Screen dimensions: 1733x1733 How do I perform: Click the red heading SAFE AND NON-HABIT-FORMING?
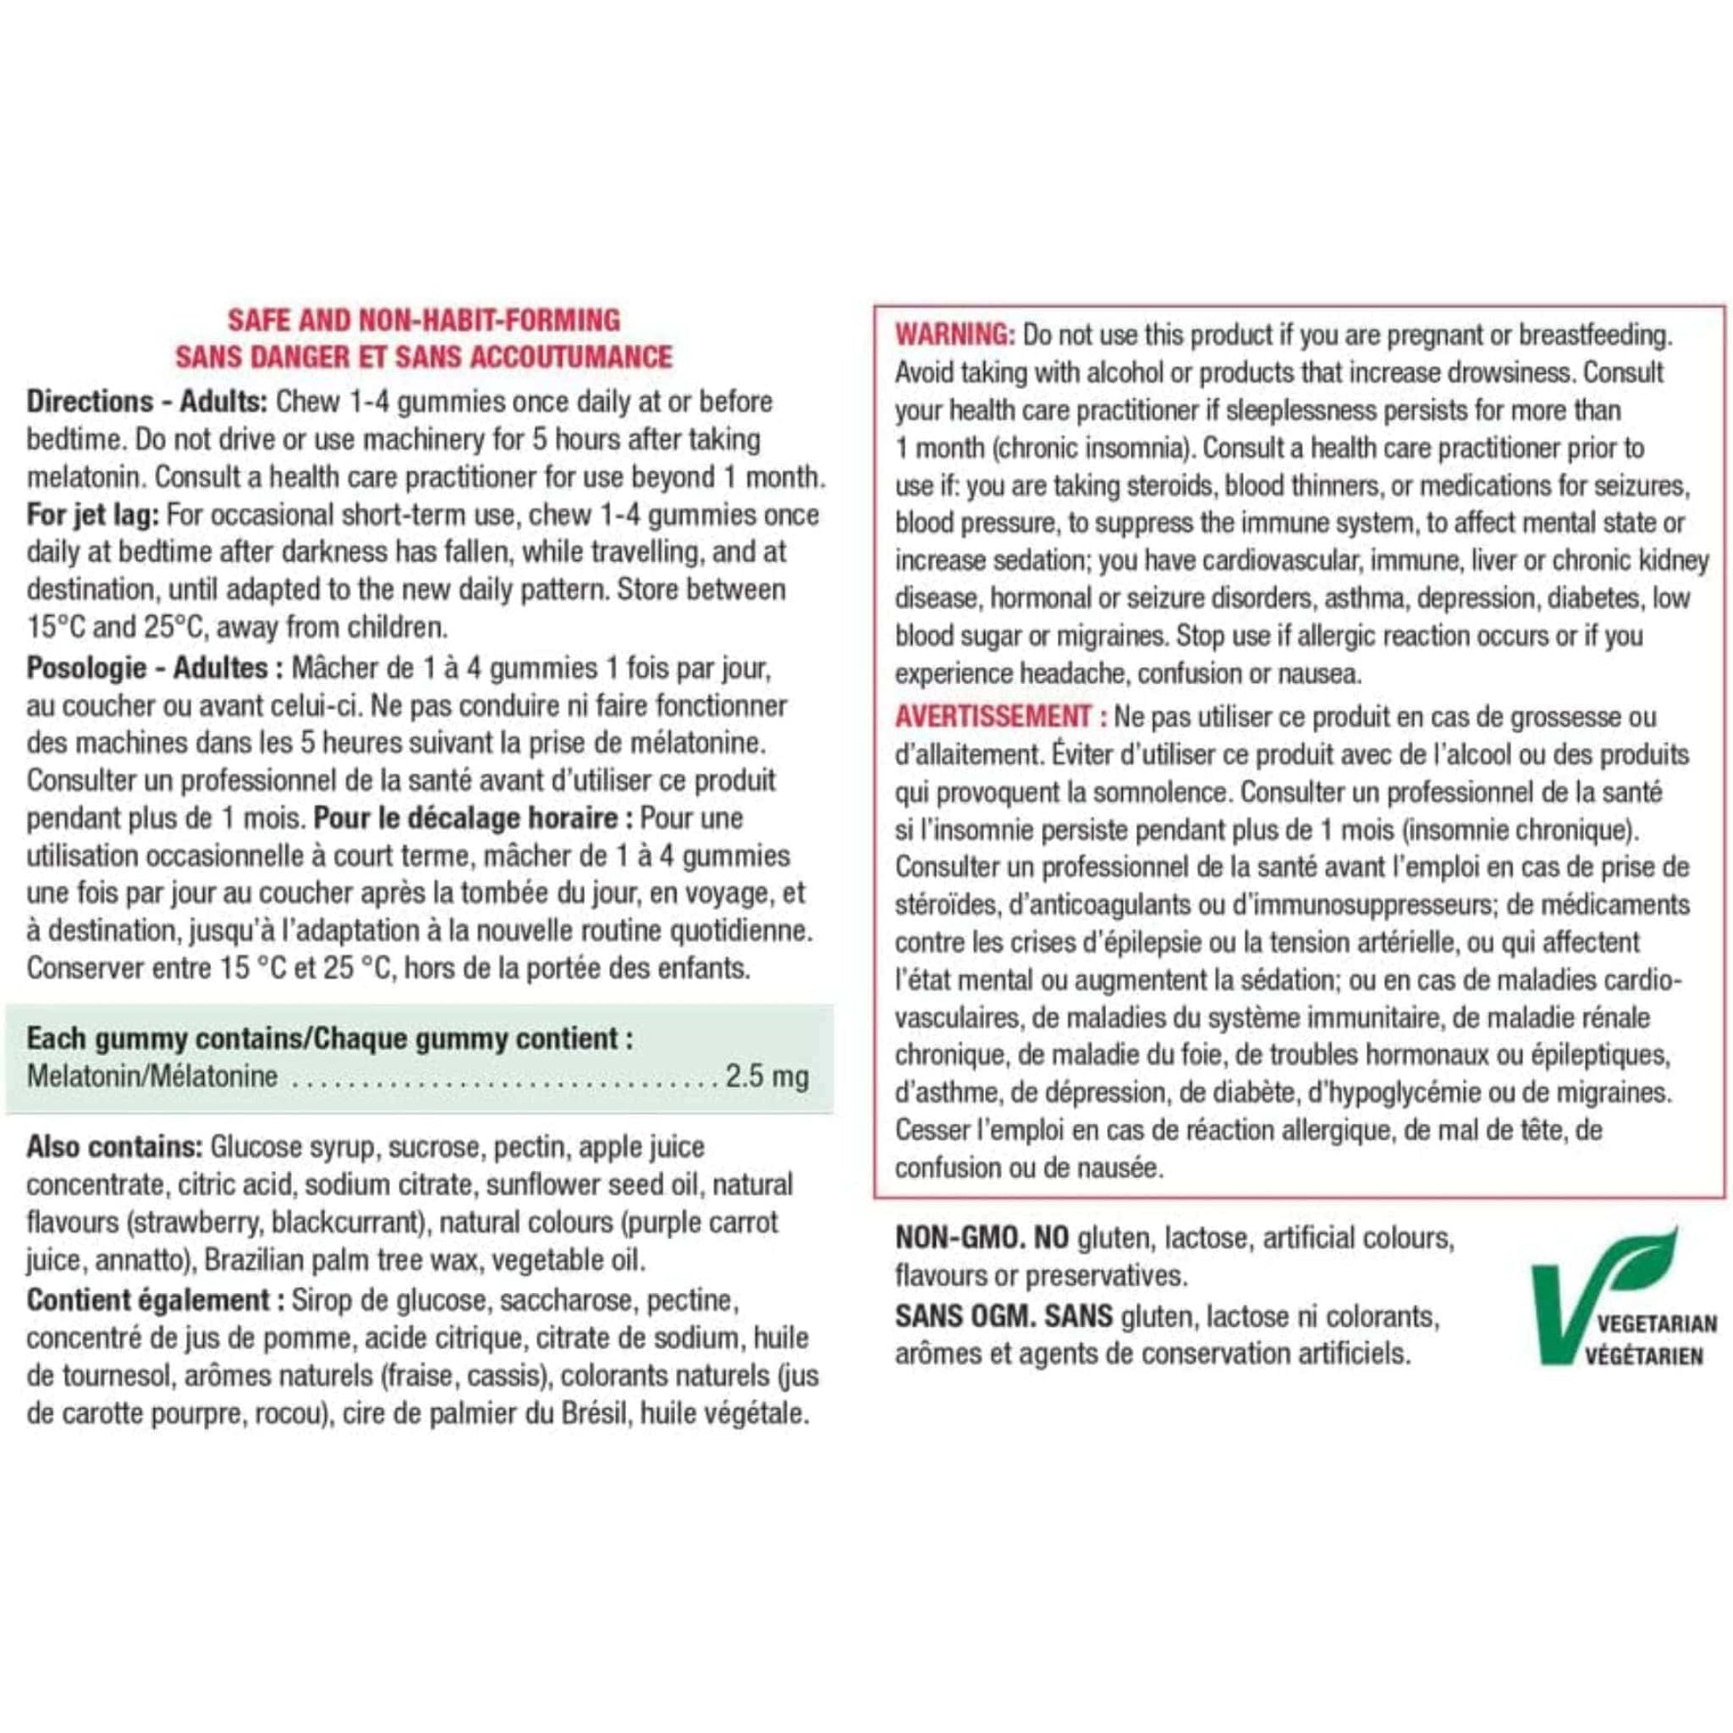coord(423,321)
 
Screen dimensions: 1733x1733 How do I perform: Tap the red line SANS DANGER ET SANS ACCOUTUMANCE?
coord(423,357)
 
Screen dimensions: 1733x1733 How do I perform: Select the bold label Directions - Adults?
coord(147,401)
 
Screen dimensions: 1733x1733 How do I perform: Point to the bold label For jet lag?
coord(93,515)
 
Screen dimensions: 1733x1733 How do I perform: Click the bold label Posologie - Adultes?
coord(147,668)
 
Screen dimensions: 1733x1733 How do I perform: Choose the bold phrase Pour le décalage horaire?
coord(466,818)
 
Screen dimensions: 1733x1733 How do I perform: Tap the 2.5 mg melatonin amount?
coord(767,1077)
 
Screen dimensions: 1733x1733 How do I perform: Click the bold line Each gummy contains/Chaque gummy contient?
coord(330,1038)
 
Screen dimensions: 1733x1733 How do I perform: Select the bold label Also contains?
coord(115,1147)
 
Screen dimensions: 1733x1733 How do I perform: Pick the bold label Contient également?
coord(148,1300)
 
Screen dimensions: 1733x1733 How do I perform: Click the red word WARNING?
coord(955,336)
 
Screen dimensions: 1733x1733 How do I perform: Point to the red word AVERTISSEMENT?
coord(993,717)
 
